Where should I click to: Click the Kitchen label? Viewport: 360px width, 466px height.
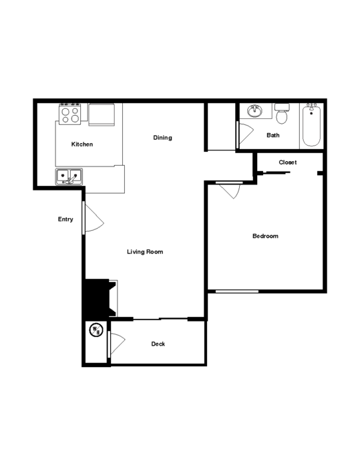click(82, 144)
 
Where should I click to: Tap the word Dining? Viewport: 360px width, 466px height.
click(162, 138)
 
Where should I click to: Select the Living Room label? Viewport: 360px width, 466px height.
click(145, 252)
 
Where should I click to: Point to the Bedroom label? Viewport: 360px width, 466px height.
click(265, 236)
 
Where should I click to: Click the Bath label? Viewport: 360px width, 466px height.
click(273, 135)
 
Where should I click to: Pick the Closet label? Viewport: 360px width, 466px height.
click(288, 162)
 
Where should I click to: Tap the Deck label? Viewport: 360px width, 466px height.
click(158, 344)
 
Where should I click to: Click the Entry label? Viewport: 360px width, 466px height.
click(65, 219)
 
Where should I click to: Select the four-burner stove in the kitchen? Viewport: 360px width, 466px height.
click(70, 114)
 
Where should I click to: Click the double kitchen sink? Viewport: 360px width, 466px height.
click(69, 177)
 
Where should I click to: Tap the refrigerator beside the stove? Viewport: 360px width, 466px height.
click(102, 114)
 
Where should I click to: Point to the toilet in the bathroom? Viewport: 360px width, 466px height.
click(282, 113)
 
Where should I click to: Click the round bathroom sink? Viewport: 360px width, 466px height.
click(254, 111)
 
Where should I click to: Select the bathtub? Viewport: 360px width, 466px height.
click(311, 125)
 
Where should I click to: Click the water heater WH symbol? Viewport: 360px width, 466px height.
click(96, 330)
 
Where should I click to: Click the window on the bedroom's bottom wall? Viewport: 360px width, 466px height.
click(237, 292)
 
